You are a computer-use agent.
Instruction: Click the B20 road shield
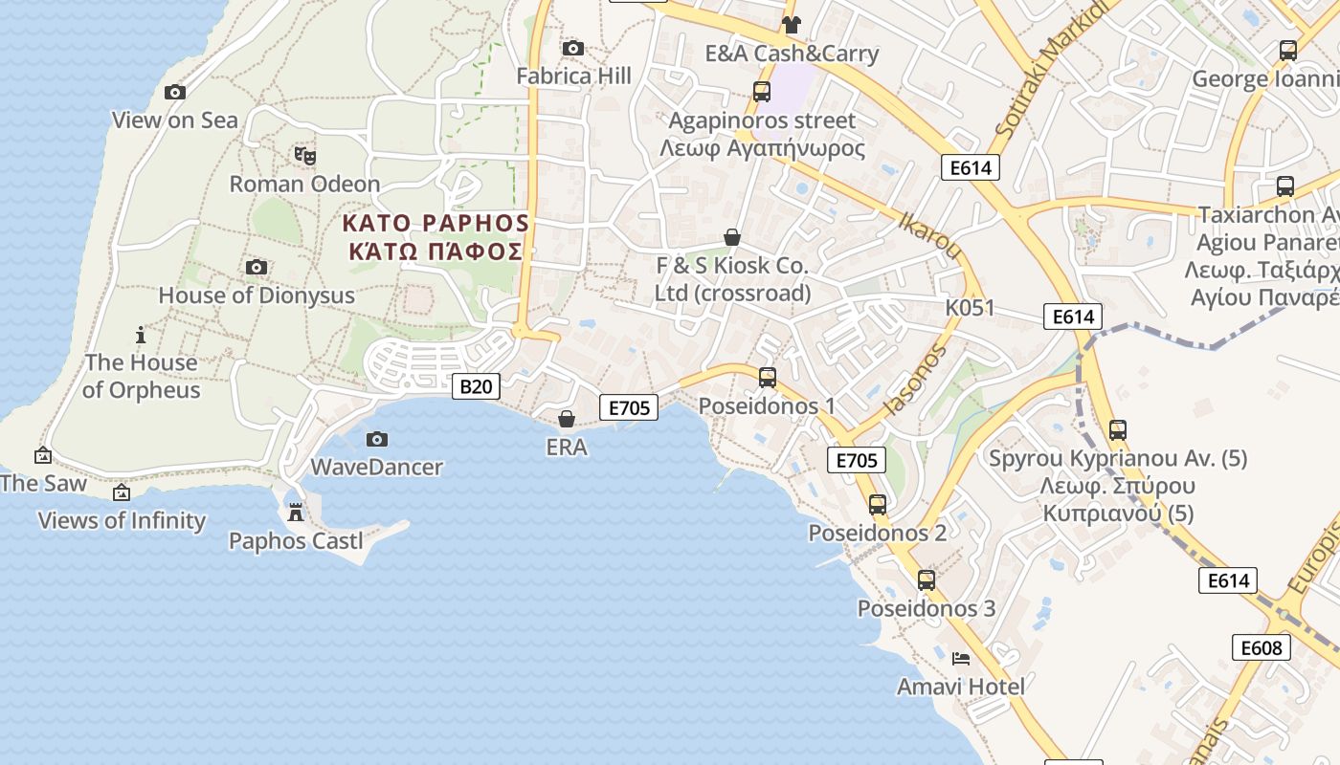476,386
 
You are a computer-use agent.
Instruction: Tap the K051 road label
970,308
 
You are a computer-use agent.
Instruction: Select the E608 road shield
1261,647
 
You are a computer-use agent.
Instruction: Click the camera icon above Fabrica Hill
573,48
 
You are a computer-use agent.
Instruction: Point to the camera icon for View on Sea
175,92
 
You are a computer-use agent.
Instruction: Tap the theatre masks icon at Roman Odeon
305,154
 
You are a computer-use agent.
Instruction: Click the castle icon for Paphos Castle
296,513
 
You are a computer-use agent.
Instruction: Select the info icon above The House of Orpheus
141,335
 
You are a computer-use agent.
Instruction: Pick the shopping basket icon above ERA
567,419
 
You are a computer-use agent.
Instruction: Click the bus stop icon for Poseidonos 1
767,378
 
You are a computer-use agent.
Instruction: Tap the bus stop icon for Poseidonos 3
926,579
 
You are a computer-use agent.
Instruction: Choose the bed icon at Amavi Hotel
961,658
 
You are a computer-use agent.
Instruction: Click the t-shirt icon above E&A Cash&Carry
791,25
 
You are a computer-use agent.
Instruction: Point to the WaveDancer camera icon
377,439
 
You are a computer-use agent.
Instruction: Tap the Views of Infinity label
122,520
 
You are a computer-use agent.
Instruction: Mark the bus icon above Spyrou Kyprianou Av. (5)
1117,430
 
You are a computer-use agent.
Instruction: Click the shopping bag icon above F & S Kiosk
732,237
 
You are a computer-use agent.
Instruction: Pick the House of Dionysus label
257,295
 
